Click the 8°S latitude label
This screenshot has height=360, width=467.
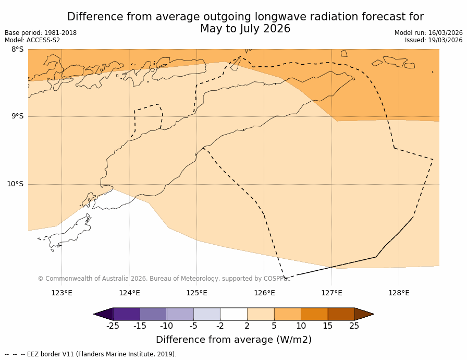click(x=17, y=50)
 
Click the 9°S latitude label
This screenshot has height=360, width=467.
click(x=17, y=116)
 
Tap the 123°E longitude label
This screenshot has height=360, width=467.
click(x=62, y=293)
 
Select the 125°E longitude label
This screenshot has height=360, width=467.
click(x=196, y=293)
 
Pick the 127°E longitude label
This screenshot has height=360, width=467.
click(x=331, y=293)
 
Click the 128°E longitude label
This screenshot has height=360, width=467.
click(x=399, y=293)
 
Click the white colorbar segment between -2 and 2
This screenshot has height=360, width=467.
click(x=233, y=314)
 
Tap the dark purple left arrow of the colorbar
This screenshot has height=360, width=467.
click(x=103, y=314)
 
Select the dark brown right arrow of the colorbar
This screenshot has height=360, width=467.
click(x=364, y=314)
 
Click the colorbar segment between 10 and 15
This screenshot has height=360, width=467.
click(x=314, y=314)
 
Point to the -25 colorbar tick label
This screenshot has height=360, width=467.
click(x=113, y=326)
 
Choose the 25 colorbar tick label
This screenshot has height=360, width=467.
click(x=354, y=326)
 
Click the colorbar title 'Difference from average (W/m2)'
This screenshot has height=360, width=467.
click(x=233, y=340)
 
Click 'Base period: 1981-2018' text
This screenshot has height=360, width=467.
click(x=41, y=33)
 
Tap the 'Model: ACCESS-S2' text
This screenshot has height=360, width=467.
click(x=32, y=40)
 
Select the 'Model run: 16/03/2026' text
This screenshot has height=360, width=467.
click(x=428, y=33)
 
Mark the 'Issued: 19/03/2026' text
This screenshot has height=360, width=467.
click(x=434, y=40)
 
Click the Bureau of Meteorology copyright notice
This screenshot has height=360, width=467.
click(x=164, y=279)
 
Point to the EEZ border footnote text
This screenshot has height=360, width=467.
click(x=91, y=354)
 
